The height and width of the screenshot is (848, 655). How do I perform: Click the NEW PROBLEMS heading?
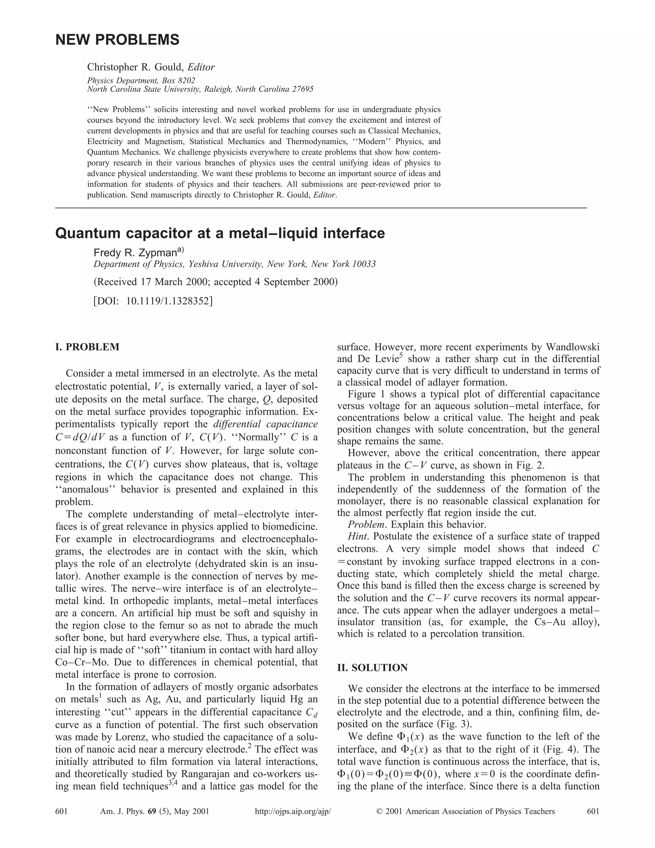pyautogui.click(x=117, y=40)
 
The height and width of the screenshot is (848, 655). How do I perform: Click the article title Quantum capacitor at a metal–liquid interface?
pyautogui.click(x=220, y=233)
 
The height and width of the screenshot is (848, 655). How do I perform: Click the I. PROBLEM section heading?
pyautogui.click(x=87, y=347)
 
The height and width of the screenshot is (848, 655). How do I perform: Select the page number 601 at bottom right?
pyautogui.click(x=593, y=811)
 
